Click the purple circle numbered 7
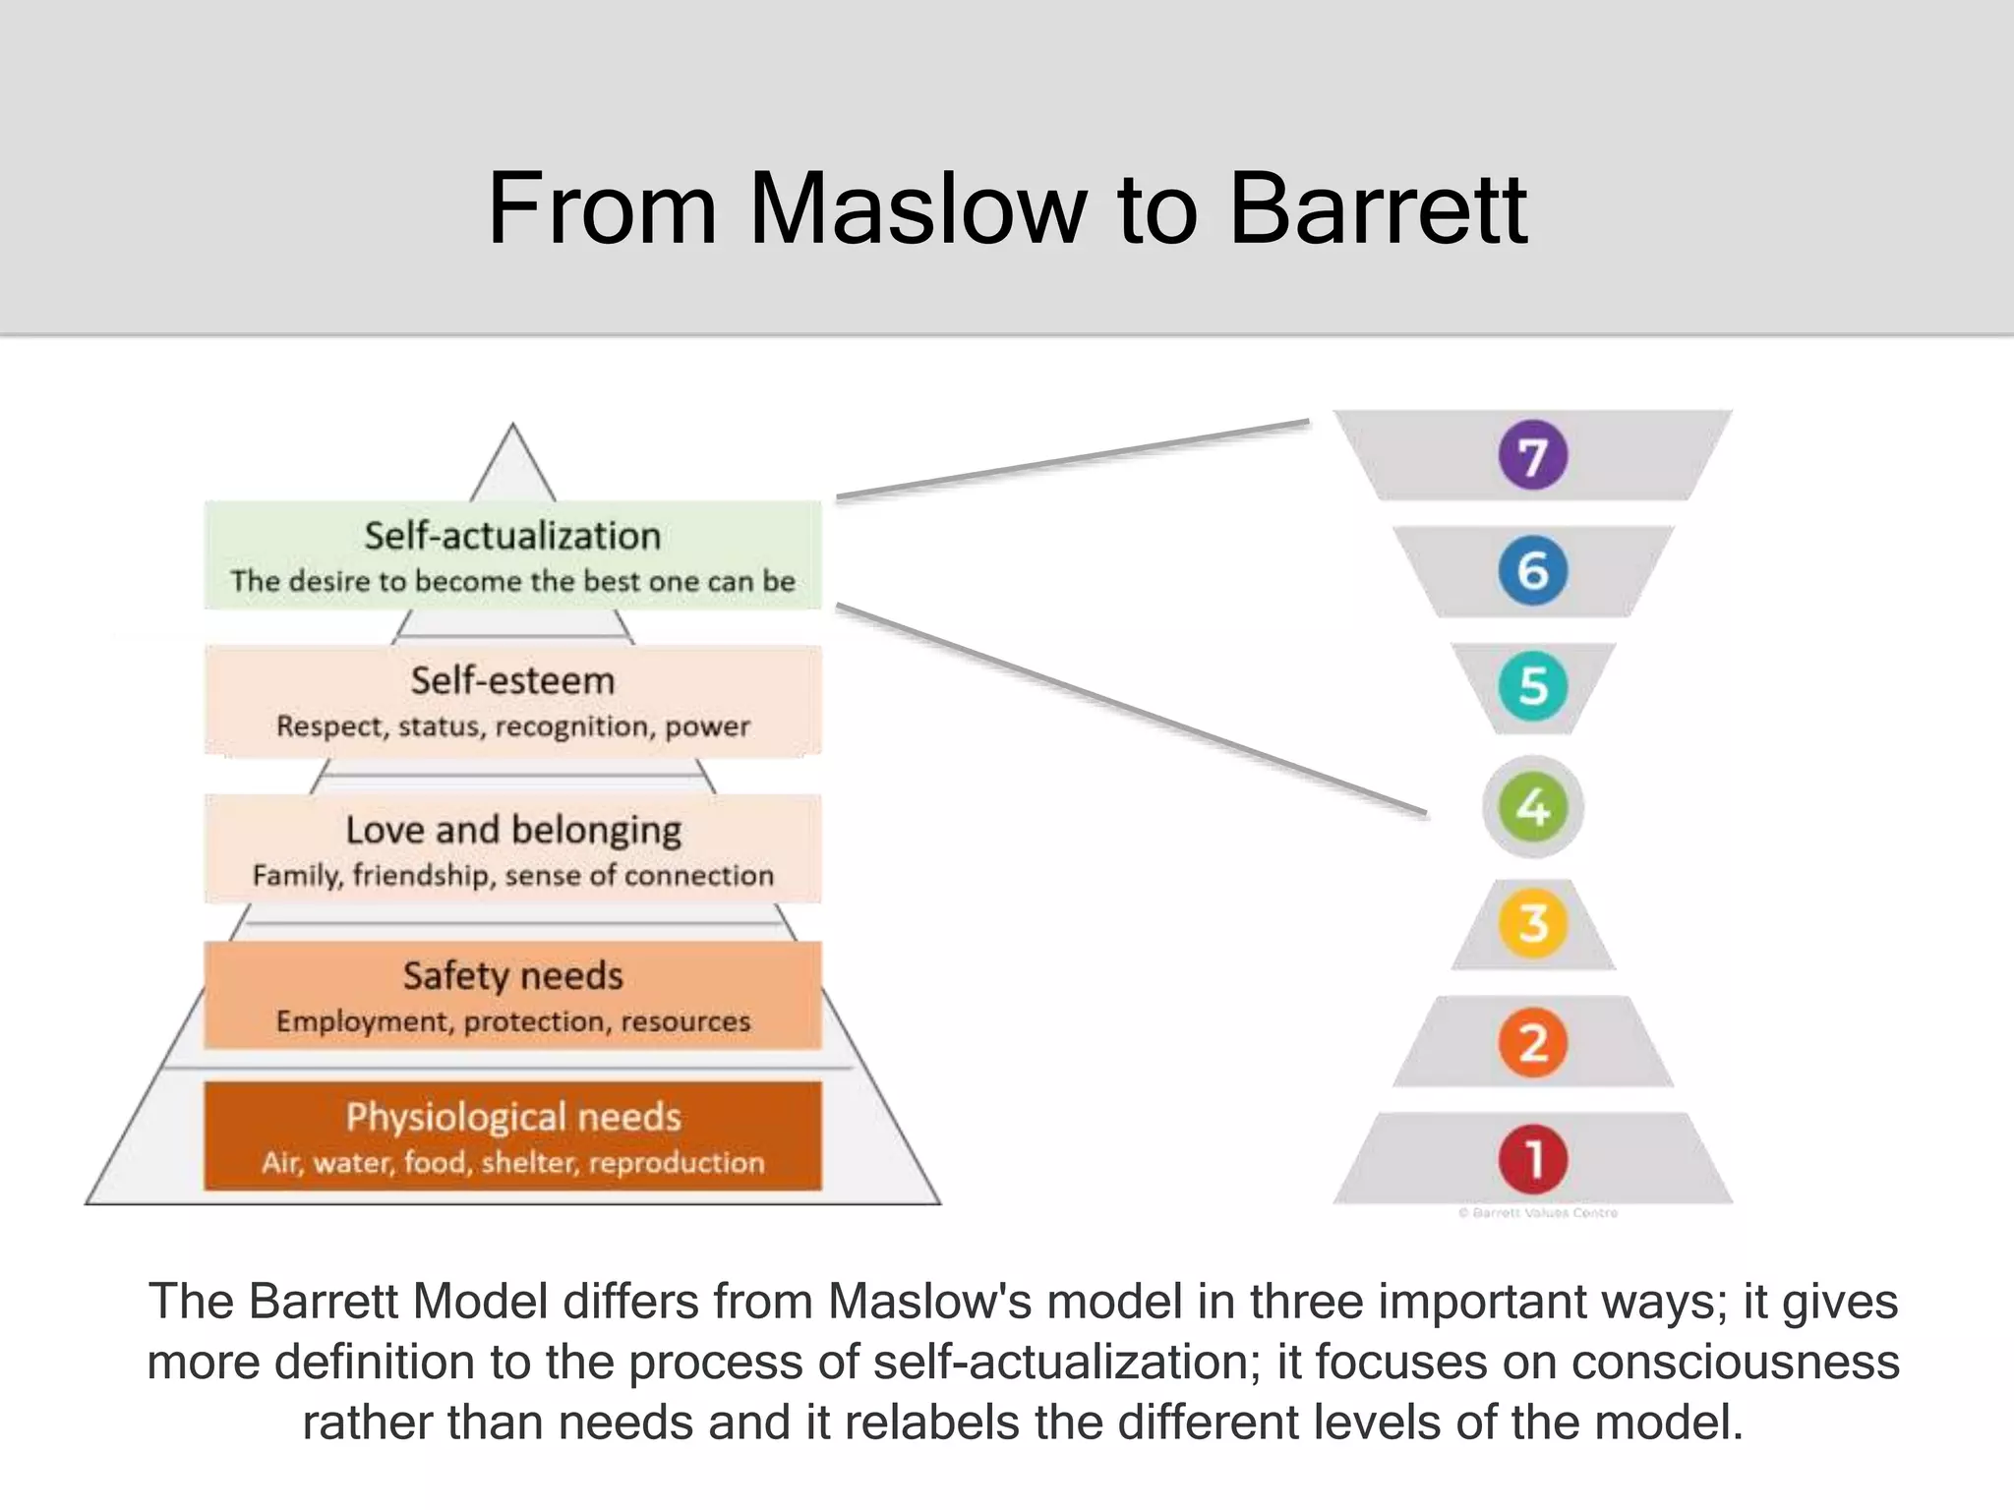[1532, 455]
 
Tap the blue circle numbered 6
[1532, 570]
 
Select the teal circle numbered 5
[1532, 686]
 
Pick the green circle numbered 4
[1532, 807]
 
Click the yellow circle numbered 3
[1532, 923]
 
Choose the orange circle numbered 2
[1532, 1042]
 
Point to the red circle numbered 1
[1532, 1158]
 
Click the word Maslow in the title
[918, 209]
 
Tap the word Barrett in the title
[1378, 209]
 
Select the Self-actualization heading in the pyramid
[512, 536]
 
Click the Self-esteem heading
[512, 680]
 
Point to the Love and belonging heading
[512, 830]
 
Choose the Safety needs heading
[512, 975]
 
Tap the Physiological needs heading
[512, 1117]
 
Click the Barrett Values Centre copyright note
[1538, 1213]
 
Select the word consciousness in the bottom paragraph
[1735, 1363]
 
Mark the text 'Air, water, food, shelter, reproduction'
[512, 1163]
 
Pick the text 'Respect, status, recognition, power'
[512, 726]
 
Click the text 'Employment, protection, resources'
[512, 1021]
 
